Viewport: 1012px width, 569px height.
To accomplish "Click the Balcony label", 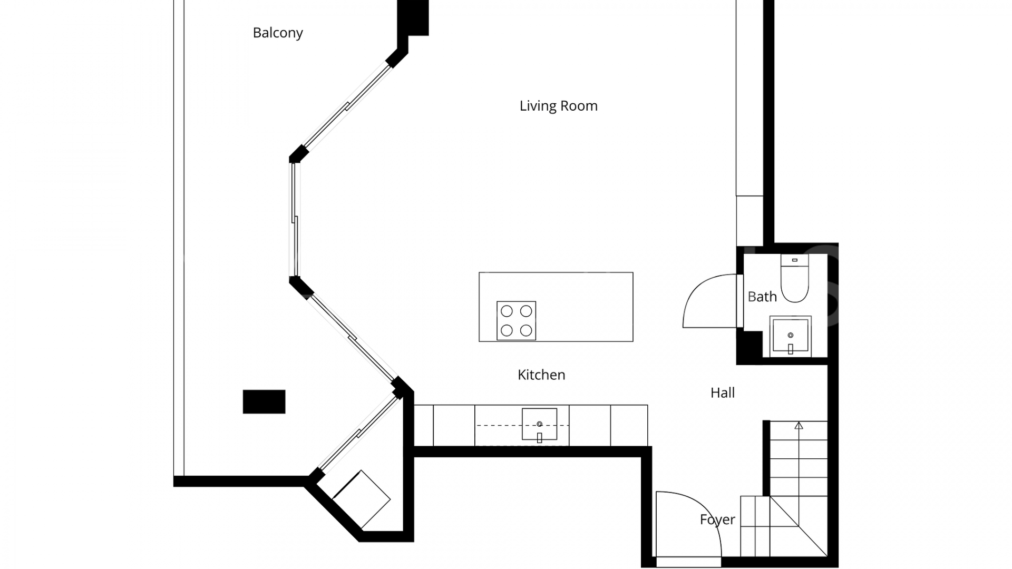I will (278, 33).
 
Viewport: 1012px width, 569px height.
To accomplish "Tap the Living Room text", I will (558, 106).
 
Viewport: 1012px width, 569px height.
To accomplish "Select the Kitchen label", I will (541, 375).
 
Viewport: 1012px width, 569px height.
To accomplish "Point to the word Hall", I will (722, 393).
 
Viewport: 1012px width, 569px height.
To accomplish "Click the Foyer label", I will (717, 519).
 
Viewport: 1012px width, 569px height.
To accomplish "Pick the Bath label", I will (762, 297).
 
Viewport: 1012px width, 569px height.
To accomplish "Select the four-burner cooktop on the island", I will (516, 320).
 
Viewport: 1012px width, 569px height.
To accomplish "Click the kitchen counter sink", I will (539, 424).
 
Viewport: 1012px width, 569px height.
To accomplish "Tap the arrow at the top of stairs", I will (799, 425).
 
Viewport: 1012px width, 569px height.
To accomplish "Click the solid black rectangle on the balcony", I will (264, 401).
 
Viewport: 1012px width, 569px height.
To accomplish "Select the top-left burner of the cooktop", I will (507, 311).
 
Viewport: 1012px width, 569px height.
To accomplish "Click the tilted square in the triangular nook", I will (362, 499).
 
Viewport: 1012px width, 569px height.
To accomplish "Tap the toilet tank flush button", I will (795, 260).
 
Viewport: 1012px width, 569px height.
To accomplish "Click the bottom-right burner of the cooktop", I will (526, 330).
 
